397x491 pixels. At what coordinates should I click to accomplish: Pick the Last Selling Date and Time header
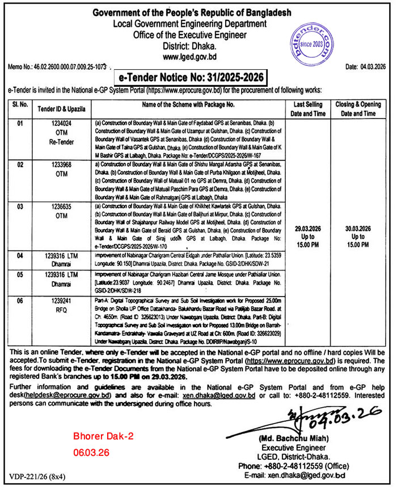coord(308,109)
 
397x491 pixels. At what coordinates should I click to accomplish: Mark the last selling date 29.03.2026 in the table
coord(308,228)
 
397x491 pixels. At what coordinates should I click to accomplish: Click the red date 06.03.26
coord(90,454)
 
